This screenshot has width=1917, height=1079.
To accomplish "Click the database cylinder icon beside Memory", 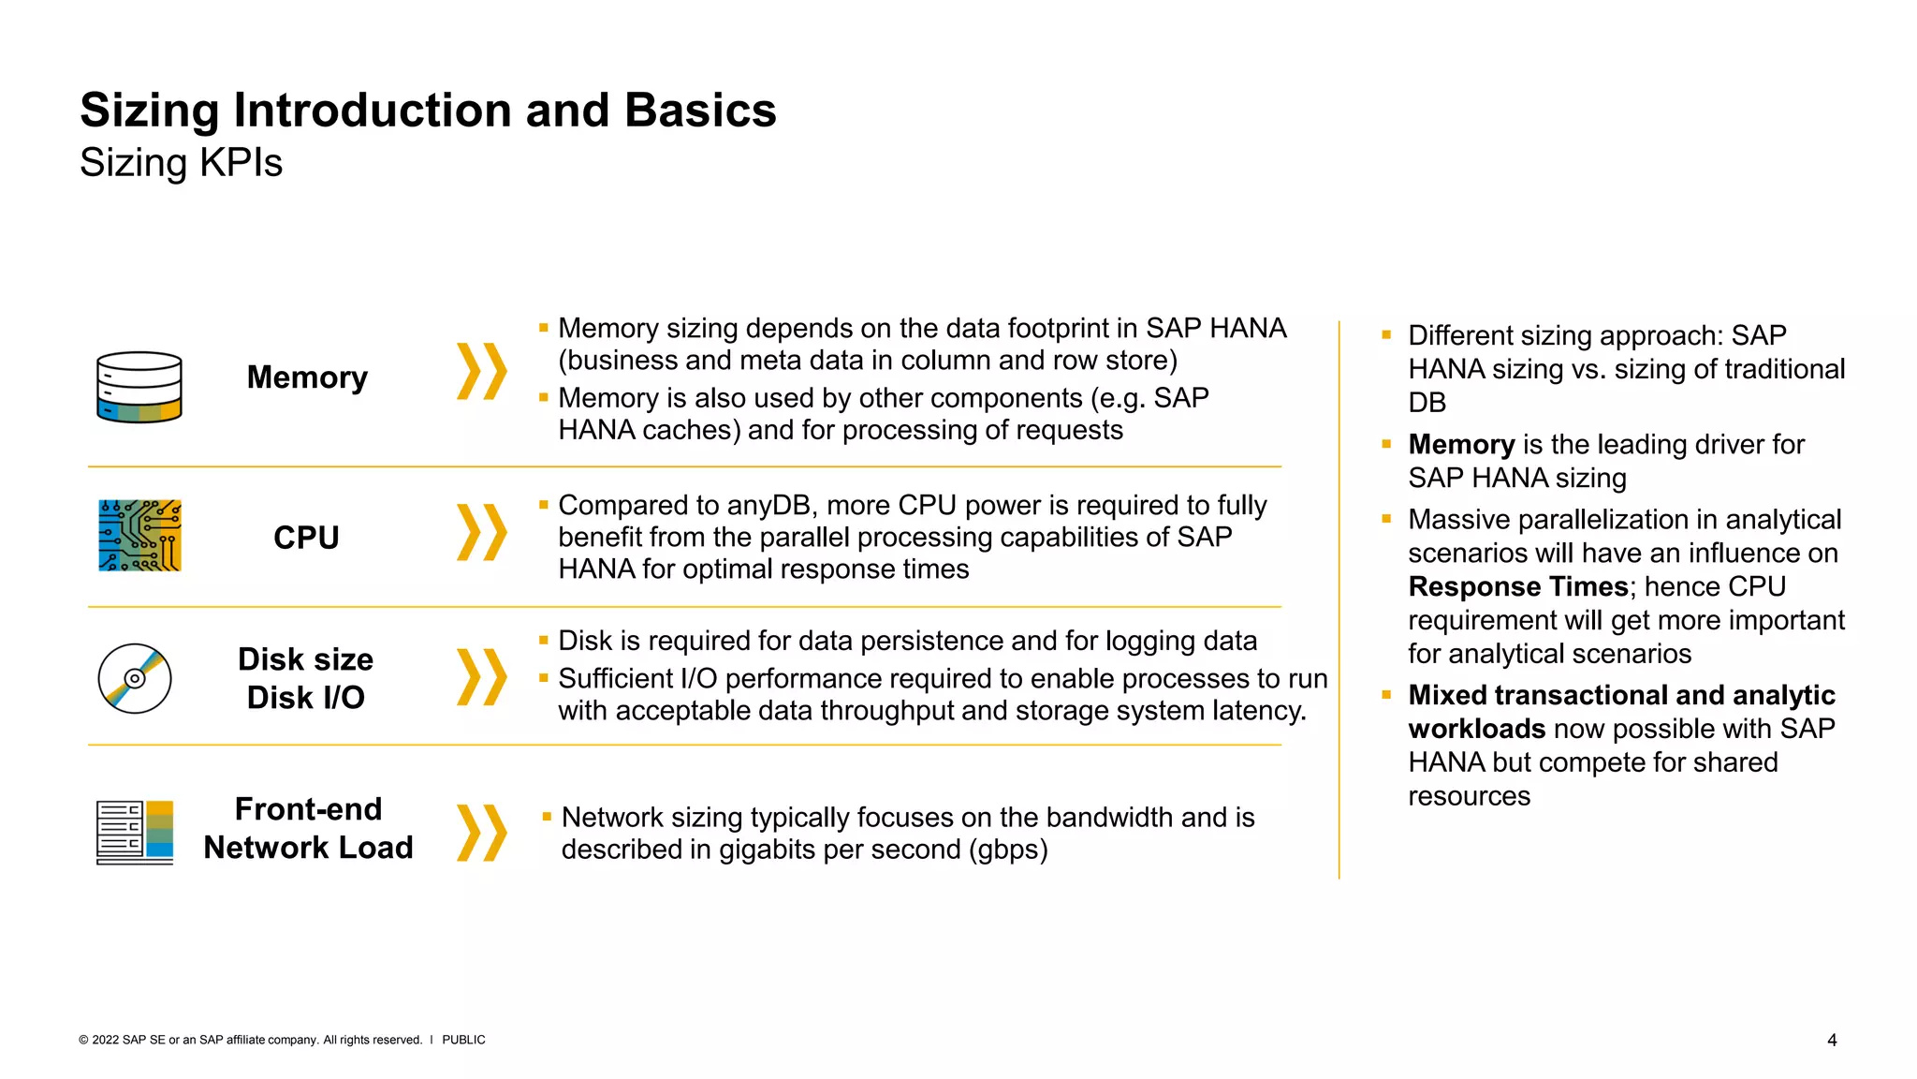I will coord(139,387).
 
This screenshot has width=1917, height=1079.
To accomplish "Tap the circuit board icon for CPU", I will coord(139,536).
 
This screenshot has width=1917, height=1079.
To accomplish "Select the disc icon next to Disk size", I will coord(135,678).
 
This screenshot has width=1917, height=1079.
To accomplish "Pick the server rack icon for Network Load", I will coord(135,832).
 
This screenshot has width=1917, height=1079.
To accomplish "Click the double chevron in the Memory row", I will coord(481,372).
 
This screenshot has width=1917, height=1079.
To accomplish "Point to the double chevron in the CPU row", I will coord(481,532).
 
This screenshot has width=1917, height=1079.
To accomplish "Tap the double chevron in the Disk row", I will coord(481,676).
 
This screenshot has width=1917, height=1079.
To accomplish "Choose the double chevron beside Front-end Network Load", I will coord(481,832).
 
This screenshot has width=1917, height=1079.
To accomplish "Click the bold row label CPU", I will coord(306,538).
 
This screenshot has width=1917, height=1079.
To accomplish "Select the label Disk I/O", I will coord(305,698).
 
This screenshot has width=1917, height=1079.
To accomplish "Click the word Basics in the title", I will coord(700,111).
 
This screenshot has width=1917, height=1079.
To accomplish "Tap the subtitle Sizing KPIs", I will coord(181,163).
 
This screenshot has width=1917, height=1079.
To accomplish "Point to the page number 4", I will coord(1832,1040).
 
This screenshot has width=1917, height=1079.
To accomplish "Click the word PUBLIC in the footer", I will coord(463,1040).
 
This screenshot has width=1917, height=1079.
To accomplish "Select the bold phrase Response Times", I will coord(1517,586).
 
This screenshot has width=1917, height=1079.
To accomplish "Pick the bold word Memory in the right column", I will coord(1461,444).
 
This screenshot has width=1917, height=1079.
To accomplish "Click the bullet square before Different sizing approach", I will coord(1386,334).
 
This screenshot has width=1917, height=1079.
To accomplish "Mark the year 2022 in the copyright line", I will coord(105,1040).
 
